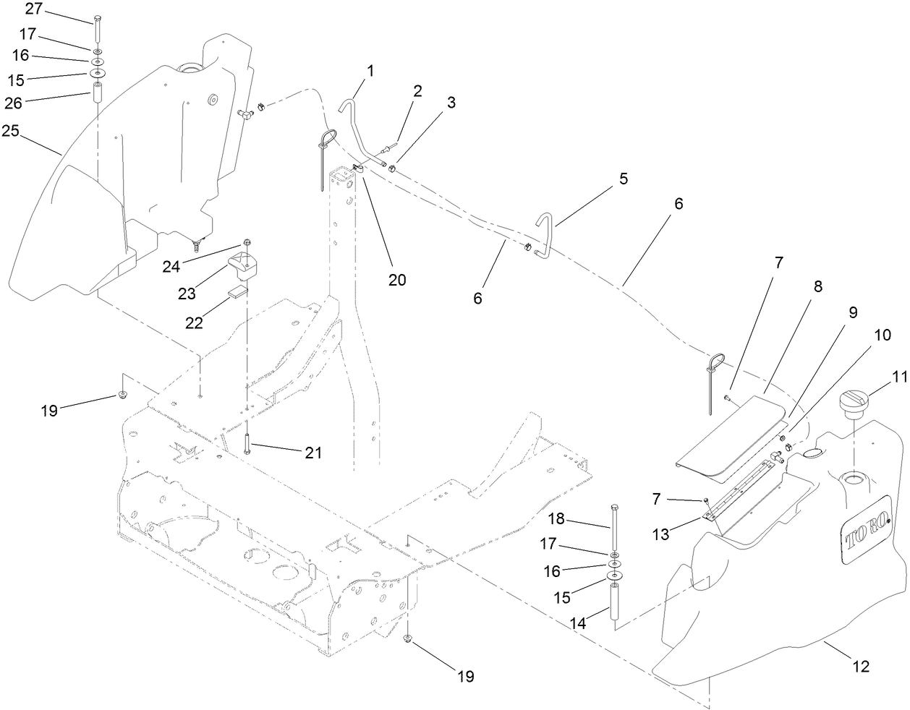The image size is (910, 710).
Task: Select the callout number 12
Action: click(861, 666)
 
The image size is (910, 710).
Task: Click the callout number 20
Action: click(396, 280)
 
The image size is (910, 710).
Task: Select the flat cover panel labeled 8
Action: click(731, 434)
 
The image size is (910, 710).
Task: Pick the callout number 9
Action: click(853, 312)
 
